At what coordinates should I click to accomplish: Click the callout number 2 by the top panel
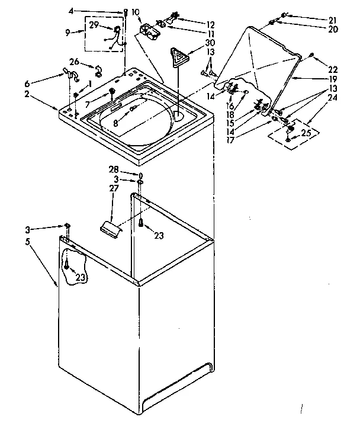click(27, 94)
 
